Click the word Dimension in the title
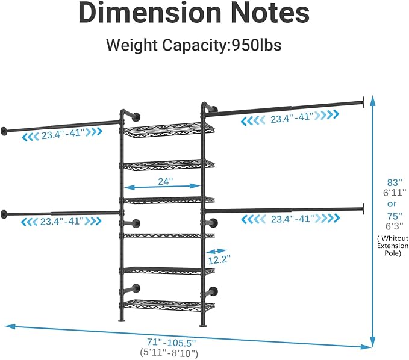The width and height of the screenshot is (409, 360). click(x=150, y=13)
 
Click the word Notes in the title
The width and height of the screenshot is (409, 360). click(x=270, y=13)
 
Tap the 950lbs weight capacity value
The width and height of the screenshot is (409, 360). click(x=257, y=45)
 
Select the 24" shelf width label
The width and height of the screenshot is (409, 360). click(x=166, y=181)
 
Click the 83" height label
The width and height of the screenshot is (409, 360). click(x=395, y=182)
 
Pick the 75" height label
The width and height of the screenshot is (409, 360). click(x=395, y=216)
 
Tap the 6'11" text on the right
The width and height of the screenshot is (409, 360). click(x=395, y=193)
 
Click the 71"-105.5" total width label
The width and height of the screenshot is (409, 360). click(x=171, y=342)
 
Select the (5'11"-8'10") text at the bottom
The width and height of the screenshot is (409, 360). click(x=169, y=353)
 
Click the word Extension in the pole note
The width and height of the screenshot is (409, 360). click(x=393, y=246)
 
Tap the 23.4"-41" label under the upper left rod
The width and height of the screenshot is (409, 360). click(x=63, y=135)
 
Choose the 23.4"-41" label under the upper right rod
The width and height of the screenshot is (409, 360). click(x=292, y=118)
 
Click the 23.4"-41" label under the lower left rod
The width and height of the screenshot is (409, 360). click(x=62, y=222)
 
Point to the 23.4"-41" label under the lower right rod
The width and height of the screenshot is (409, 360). click(x=292, y=219)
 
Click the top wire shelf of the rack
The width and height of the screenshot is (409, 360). click(x=169, y=130)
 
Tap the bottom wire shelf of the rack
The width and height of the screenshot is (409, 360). click(x=169, y=305)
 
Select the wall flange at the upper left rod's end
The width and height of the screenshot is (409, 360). click(x=4, y=131)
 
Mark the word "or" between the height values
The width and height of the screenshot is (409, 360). click(x=392, y=204)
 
